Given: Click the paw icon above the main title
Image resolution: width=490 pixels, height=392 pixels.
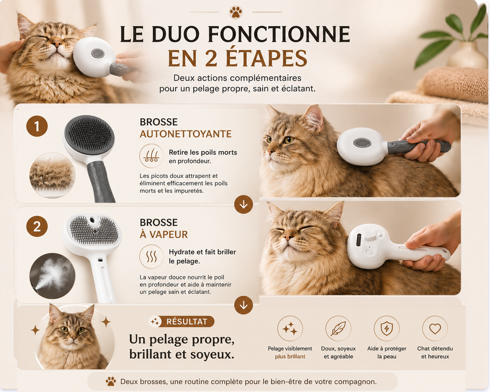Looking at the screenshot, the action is point(236,12).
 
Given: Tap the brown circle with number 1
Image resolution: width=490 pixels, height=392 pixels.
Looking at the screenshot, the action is point(37,126).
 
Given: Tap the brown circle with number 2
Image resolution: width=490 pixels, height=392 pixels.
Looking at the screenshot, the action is point(37,226).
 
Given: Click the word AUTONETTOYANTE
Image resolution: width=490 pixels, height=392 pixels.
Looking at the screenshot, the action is point(186,134).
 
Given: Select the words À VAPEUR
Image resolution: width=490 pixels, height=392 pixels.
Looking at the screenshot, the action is point(164,235).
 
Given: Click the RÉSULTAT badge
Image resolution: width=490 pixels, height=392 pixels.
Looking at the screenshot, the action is point(182,321).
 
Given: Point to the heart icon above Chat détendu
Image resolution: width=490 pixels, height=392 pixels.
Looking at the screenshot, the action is point(434,328).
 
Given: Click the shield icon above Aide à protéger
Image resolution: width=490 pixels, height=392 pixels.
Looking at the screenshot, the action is point(387,328).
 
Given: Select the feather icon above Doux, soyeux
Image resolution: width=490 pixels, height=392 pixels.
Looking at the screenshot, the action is point(338,328).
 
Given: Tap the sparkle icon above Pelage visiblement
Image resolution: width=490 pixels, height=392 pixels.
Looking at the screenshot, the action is point(290,328).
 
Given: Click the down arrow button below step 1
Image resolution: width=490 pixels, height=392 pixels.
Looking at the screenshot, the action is point(243,205).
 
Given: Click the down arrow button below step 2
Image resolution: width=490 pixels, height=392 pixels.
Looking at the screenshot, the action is point(243,305).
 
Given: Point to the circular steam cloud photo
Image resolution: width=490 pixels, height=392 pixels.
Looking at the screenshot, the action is point(52,275).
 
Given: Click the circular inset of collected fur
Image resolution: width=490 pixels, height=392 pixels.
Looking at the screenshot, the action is point(52,175).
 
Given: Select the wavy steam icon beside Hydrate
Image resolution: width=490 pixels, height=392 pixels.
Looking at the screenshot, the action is point(151,256).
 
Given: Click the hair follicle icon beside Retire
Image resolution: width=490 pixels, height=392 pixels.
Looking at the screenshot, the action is point(151,156).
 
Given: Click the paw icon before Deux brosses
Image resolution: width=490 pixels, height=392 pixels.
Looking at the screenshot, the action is point(111,381).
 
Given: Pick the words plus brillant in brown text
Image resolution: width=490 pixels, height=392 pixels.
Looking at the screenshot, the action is point(290,357).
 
